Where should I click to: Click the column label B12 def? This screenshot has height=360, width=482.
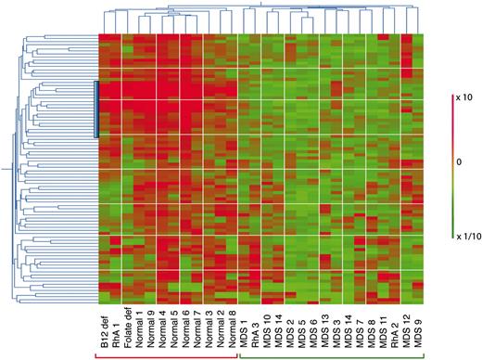[104, 333]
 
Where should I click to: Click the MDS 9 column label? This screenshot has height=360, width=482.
[418, 335]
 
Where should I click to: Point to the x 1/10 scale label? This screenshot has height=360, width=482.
[465, 236]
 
